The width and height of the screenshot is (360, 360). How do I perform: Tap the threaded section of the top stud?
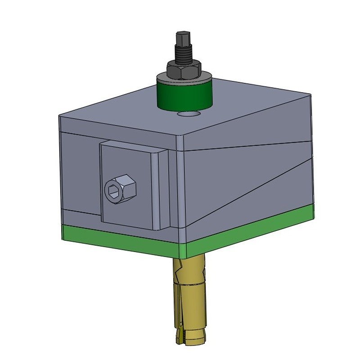pos(183,54)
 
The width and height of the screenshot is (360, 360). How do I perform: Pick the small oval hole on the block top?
pos(189,115)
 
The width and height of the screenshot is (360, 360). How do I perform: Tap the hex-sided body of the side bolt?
pos(128,189)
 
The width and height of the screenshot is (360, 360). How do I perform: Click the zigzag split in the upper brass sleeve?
pos(180,270)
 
